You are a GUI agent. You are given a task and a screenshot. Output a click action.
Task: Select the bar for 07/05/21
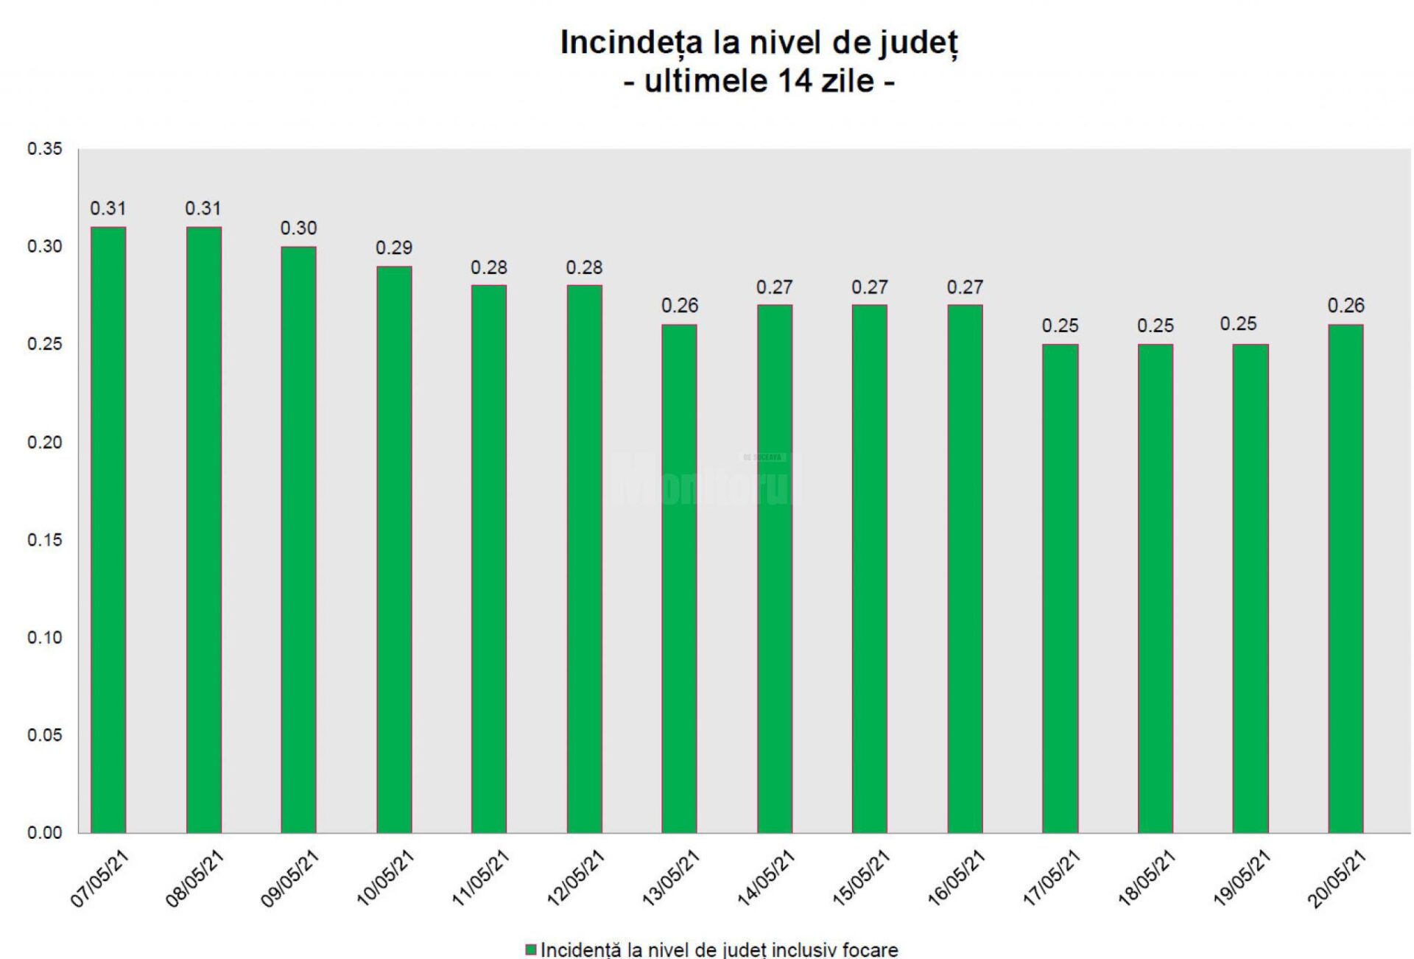[x=108, y=530]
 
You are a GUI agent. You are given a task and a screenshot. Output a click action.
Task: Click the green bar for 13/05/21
[x=679, y=578]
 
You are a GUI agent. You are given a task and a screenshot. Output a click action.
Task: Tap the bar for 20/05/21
[x=1346, y=578]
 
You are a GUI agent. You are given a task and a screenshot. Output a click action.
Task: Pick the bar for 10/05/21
[x=394, y=549]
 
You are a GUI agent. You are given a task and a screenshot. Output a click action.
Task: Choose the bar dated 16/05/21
[x=965, y=568]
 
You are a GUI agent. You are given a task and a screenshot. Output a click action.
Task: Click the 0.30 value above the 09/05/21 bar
[x=298, y=228]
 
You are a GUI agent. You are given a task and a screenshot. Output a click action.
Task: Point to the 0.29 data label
[x=394, y=248]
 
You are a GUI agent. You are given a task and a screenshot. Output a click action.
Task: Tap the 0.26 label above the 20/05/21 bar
[x=1346, y=306]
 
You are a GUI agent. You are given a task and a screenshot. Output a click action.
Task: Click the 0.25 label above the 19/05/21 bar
[x=1238, y=324]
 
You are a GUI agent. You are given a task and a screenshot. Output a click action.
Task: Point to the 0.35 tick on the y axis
[x=45, y=149]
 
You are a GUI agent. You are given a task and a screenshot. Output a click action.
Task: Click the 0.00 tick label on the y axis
[x=45, y=833]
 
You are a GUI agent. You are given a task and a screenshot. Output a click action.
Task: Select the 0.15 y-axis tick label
[x=45, y=540]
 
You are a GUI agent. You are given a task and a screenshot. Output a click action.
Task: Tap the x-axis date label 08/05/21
[x=194, y=878]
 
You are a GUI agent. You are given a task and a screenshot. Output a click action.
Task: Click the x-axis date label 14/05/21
[x=766, y=878]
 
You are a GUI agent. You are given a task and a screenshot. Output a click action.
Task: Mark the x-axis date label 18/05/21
[x=1147, y=878]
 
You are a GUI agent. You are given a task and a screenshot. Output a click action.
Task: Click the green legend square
[x=530, y=950]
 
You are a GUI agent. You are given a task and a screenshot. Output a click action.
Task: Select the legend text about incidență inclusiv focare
[x=719, y=950]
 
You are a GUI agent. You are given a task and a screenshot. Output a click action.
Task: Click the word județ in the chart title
[x=918, y=43]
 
